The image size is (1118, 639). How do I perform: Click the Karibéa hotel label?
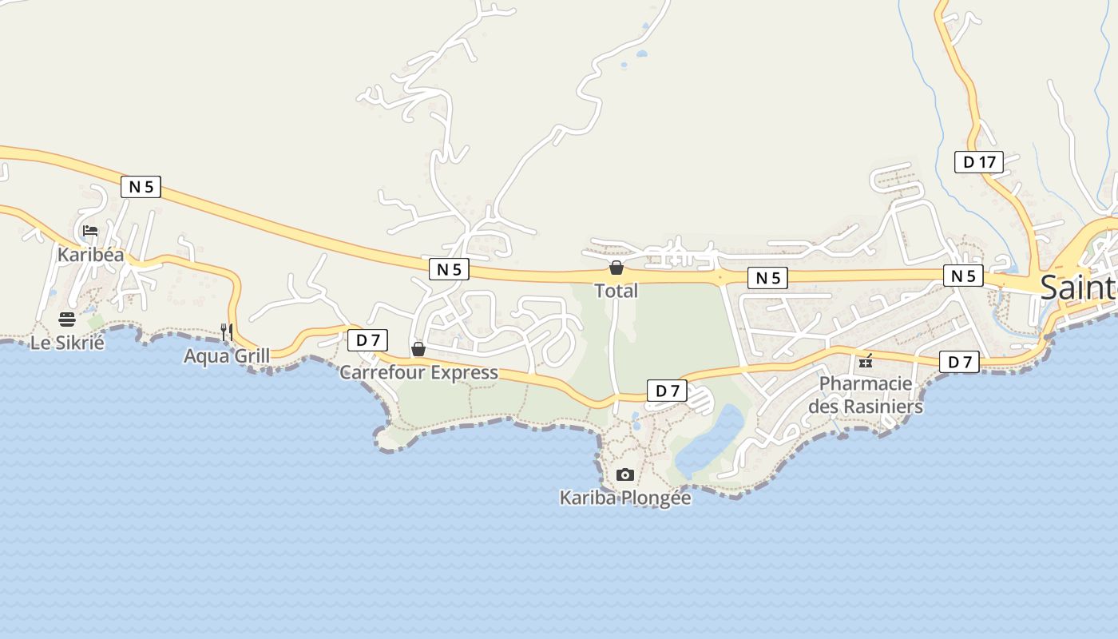[x=90, y=255]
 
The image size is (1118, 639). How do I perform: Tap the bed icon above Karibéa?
[x=90, y=232]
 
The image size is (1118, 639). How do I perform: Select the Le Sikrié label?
[x=67, y=343]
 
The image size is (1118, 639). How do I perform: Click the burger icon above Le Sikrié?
[x=67, y=320]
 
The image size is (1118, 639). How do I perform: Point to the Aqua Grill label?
[x=227, y=355]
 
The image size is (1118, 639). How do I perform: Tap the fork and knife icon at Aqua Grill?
[x=227, y=331]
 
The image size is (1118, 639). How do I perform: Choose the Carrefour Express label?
[x=418, y=372]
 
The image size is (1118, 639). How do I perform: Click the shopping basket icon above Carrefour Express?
[x=418, y=349]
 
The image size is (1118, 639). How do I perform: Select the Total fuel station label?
[x=616, y=291]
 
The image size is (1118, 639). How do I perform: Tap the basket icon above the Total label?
[x=616, y=268]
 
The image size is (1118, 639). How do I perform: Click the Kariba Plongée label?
[x=625, y=498]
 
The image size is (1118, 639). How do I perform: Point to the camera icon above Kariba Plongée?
[x=625, y=474]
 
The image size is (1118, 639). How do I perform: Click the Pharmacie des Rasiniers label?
[x=866, y=395]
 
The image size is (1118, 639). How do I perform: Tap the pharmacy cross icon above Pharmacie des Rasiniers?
[x=866, y=362]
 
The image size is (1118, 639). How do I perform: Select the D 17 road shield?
[x=979, y=162]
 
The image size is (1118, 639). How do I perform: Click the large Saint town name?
[x=1078, y=288]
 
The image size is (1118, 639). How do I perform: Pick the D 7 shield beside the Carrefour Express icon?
[x=367, y=340]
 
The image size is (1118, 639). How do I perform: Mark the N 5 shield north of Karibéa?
[x=141, y=187]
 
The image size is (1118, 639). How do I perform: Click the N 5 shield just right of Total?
[x=767, y=278]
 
